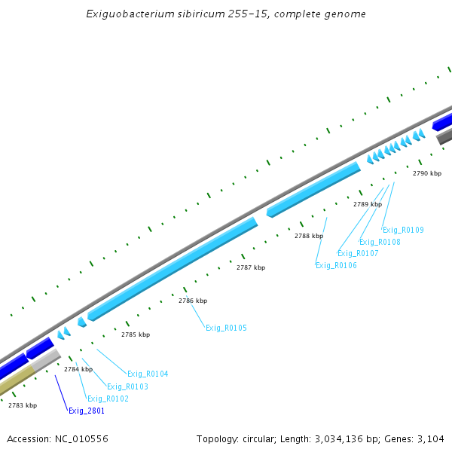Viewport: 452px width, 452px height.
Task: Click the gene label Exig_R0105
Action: click(226, 328)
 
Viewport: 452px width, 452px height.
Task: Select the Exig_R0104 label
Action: click(148, 374)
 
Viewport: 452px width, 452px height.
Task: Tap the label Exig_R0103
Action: click(127, 386)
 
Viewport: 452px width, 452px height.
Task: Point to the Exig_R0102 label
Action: click(108, 399)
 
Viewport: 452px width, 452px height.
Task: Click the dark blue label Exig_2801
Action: click(87, 411)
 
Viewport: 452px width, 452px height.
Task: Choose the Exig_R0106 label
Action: click(336, 265)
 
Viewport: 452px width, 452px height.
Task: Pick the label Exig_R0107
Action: click(358, 253)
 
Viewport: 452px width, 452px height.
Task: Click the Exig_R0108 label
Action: click(380, 242)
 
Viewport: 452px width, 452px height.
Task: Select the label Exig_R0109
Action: click(403, 230)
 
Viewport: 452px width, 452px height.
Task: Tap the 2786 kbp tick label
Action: click(193, 301)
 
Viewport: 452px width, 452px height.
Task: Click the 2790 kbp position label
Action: click(427, 173)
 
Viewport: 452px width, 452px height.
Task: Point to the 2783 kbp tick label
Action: click(23, 405)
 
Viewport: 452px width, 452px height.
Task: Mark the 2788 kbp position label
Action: click(309, 236)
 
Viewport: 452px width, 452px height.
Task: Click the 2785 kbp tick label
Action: click(136, 334)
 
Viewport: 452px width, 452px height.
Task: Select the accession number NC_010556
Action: click(80, 438)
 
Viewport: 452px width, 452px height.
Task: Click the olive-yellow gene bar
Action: click(15, 381)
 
